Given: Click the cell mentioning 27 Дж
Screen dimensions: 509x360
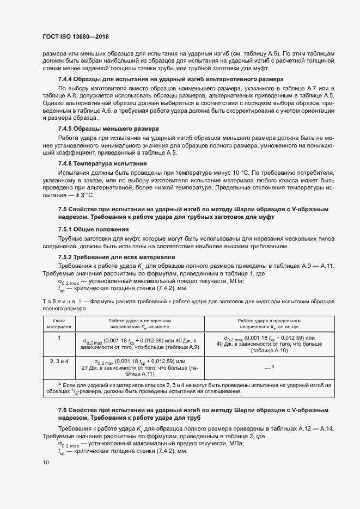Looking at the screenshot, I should click(139, 368).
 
